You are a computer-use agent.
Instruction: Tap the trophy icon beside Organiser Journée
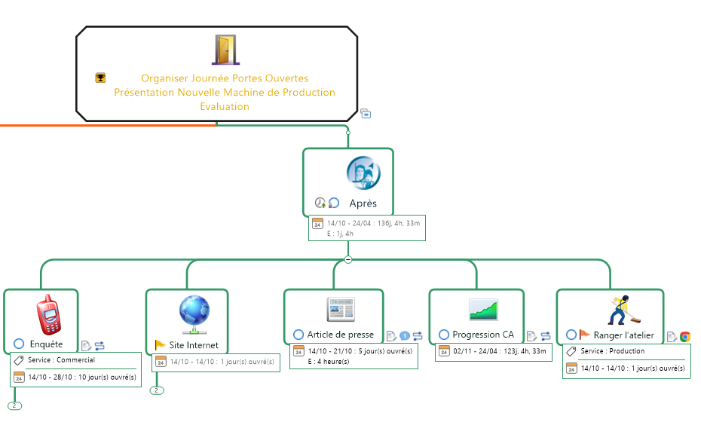point(100,78)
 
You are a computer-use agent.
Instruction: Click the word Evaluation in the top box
point(225,106)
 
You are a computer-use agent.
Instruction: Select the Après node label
point(363,203)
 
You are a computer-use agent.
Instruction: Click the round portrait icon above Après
point(363,173)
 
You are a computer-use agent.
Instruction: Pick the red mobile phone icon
point(48,316)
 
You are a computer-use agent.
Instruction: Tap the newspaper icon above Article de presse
point(339,309)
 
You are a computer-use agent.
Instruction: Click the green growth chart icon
point(483,309)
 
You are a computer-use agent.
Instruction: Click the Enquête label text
point(46,344)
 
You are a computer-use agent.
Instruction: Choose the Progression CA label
point(483,335)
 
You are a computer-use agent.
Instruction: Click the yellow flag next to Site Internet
point(160,345)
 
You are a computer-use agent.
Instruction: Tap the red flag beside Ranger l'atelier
point(585,335)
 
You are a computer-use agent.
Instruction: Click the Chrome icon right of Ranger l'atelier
point(684,337)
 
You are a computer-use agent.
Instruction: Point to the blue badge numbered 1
point(404,336)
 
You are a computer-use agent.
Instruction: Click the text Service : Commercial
point(61,360)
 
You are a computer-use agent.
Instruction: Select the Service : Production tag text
point(612,351)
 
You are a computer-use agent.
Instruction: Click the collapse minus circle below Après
point(348,259)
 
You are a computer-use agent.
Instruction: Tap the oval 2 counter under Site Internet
point(157,390)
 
